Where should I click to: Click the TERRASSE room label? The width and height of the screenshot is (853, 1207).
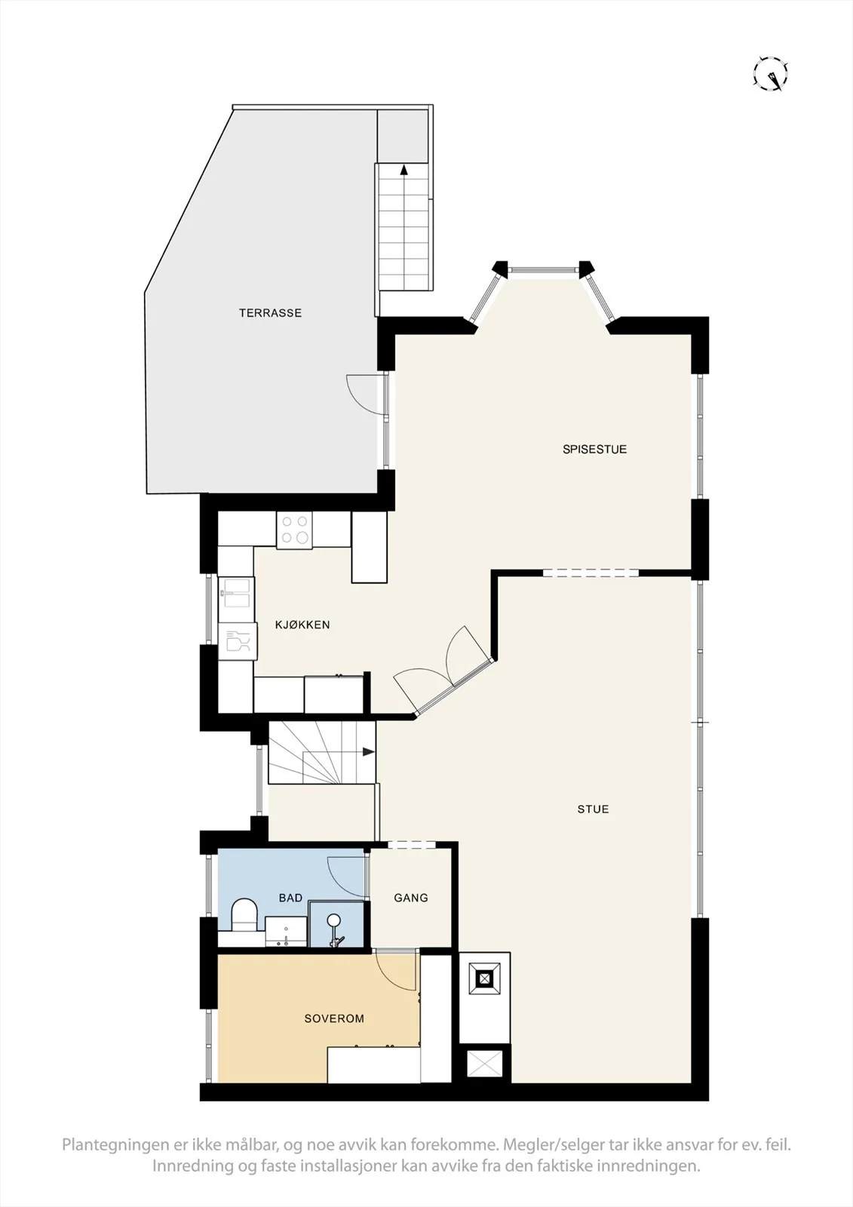point(270,313)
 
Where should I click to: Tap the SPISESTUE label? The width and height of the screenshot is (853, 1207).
point(594,450)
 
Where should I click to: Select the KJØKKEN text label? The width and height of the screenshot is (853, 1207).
point(302,625)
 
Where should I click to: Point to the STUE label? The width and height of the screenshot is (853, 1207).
point(593,809)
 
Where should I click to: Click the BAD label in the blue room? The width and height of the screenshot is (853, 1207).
point(290,898)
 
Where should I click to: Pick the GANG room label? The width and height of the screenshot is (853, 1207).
point(410,898)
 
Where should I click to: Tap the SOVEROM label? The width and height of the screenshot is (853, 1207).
point(334,1018)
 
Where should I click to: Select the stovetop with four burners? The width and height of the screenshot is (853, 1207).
point(294,530)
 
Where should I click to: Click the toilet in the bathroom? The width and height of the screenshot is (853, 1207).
point(244,914)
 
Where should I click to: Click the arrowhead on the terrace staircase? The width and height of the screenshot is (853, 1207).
point(403,170)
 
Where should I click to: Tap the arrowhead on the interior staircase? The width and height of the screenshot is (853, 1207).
point(369,752)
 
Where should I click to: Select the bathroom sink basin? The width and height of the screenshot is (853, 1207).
point(286,933)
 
